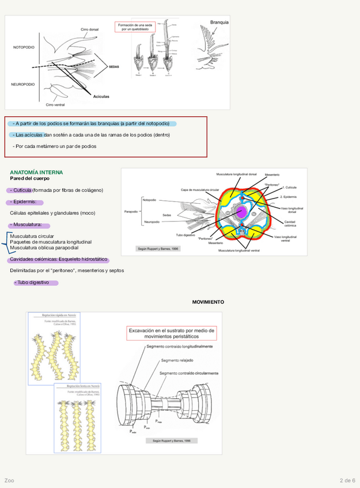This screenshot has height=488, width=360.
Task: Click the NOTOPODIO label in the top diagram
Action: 24,47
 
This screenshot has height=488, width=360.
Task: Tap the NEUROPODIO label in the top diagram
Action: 24,84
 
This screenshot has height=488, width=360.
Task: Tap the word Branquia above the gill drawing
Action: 219,22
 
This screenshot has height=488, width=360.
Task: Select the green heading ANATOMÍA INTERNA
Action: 36,172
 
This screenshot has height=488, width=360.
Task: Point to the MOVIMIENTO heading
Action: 208,302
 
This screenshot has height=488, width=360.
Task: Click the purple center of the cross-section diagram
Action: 242,213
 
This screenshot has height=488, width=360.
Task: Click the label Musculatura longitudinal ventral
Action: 238,250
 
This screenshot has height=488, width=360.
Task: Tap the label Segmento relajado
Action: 177,360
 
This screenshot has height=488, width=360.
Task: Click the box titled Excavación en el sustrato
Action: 171,334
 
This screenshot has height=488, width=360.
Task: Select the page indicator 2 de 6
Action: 347,480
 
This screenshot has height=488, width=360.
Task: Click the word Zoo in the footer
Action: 9,480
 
